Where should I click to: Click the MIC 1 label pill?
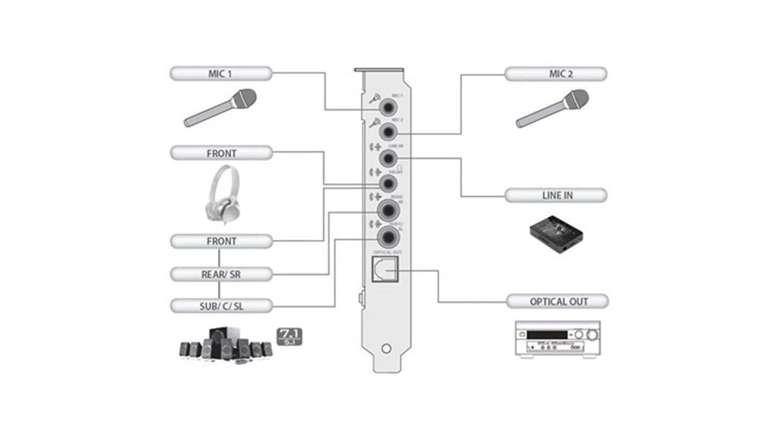click(x=221, y=74)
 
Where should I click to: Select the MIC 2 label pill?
click(x=556, y=74)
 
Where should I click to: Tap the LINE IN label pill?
click(x=556, y=195)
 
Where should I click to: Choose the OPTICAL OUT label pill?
click(x=557, y=301)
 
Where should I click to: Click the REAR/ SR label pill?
click(x=221, y=274)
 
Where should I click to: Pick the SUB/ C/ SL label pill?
click(x=221, y=306)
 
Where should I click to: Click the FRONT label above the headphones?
click(x=221, y=153)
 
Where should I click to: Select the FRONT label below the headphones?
click(x=221, y=241)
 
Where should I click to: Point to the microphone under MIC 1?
click(x=221, y=108)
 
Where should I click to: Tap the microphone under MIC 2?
click(x=553, y=108)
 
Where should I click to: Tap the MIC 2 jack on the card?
click(x=388, y=131)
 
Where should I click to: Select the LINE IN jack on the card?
click(x=388, y=158)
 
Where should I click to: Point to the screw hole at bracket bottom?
click(x=386, y=348)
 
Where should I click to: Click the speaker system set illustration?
click(x=226, y=345)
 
